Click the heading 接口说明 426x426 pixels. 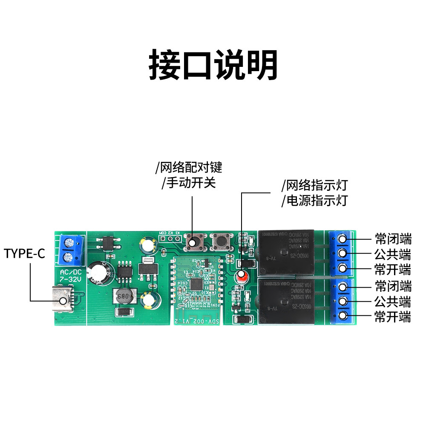(213, 65)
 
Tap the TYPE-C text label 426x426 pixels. (24, 254)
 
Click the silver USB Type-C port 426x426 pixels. (63, 300)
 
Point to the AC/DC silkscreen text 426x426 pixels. (70, 272)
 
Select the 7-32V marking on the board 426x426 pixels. (70, 279)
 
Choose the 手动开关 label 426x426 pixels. (190, 183)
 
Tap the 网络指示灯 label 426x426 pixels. (315, 185)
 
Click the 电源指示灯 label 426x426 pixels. (315, 200)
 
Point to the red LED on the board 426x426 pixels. (242, 276)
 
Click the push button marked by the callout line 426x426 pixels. (195, 243)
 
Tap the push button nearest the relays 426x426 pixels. (221, 242)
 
